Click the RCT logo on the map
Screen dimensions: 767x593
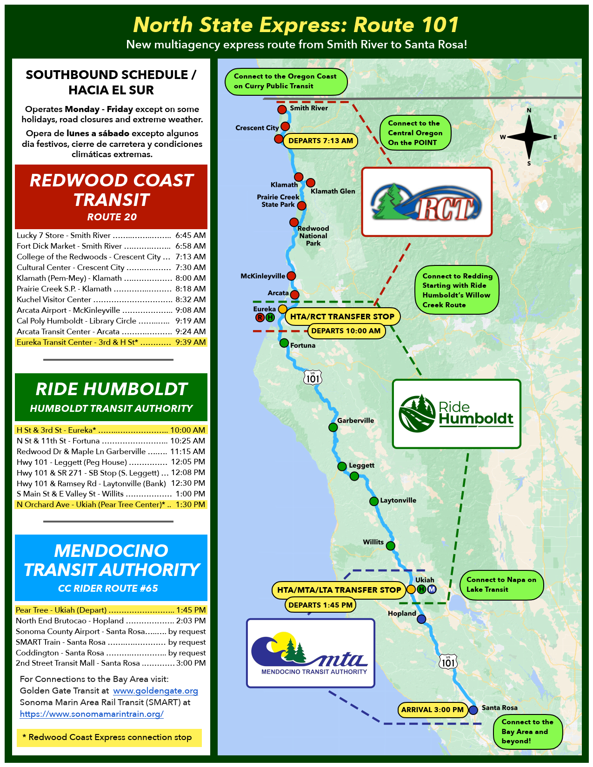426,202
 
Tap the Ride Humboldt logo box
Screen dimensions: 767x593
456,414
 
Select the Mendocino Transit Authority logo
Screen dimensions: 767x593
310,653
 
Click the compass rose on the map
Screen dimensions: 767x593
529,137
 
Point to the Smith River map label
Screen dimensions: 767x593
309,108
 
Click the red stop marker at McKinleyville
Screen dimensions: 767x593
291,276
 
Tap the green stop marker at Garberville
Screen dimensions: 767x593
333,427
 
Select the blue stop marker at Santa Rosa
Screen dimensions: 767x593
473,710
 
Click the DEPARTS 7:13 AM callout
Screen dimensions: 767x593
320,141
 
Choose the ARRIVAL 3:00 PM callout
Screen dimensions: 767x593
432,710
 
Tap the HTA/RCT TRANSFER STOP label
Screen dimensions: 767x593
342,317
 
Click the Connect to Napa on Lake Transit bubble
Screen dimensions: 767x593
501,585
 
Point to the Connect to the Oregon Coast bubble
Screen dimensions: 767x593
286,81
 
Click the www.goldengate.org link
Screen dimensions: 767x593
155,691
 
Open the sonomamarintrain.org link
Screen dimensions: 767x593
92,714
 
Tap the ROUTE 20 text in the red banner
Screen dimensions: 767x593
112,217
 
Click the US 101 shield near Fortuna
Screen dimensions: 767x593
313,378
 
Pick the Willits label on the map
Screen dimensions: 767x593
373,542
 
